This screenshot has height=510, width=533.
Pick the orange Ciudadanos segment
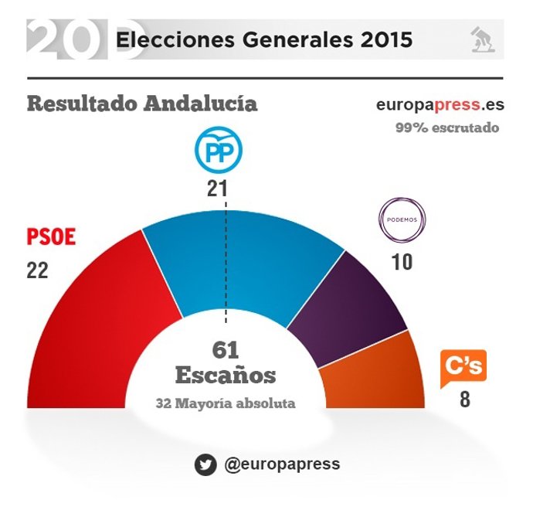pyautogui.click(x=379, y=379)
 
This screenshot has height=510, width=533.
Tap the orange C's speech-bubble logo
pyautogui.click(x=463, y=369)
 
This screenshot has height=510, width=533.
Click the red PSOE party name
pyautogui.click(x=51, y=237)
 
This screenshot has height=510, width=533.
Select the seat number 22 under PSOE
pyautogui.click(x=37, y=270)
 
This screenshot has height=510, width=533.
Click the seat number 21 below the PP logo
pyautogui.click(x=216, y=189)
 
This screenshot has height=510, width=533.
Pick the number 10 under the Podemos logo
pyautogui.click(x=402, y=262)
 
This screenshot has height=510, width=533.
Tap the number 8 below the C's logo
pyautogui.click(x=464, y=401)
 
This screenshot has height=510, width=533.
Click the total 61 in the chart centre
pyautogui.click(x=226, y=350)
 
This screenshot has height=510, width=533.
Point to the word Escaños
pyautogui.click(x=226, y=376)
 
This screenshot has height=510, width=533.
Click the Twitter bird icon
pyautogui.click(x=205, y=464)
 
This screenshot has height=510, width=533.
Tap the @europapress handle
pyautogui.click(x=281, y=464)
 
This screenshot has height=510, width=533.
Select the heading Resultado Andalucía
pyautogui.click(x=142, y=104)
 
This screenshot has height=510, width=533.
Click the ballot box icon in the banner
pyautogui.click(x=484, y=39)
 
